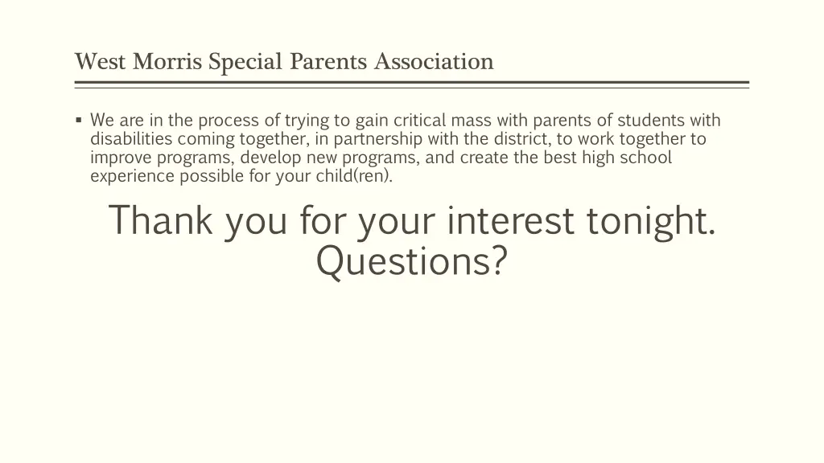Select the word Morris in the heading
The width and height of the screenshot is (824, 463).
(x=166, y=61)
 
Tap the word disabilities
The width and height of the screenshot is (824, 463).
(x=129, y=139)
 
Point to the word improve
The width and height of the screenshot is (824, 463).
(x=117, y=158)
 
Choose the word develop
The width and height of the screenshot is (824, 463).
(x=271, y=158)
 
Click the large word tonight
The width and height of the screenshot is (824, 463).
(x=651, y=220)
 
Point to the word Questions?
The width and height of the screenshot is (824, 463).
(x=412, y=260)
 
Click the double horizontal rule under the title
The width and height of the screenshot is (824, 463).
(x=412, y=84)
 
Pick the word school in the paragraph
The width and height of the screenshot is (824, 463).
(x=645, y=158)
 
